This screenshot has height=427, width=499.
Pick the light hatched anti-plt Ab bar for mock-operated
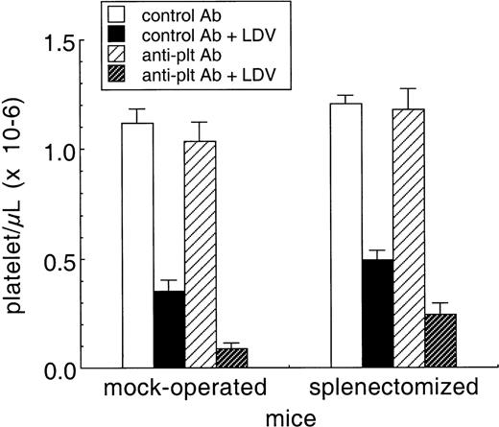tap(200, 254)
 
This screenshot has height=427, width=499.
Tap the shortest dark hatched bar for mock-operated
tap(230, 358)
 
